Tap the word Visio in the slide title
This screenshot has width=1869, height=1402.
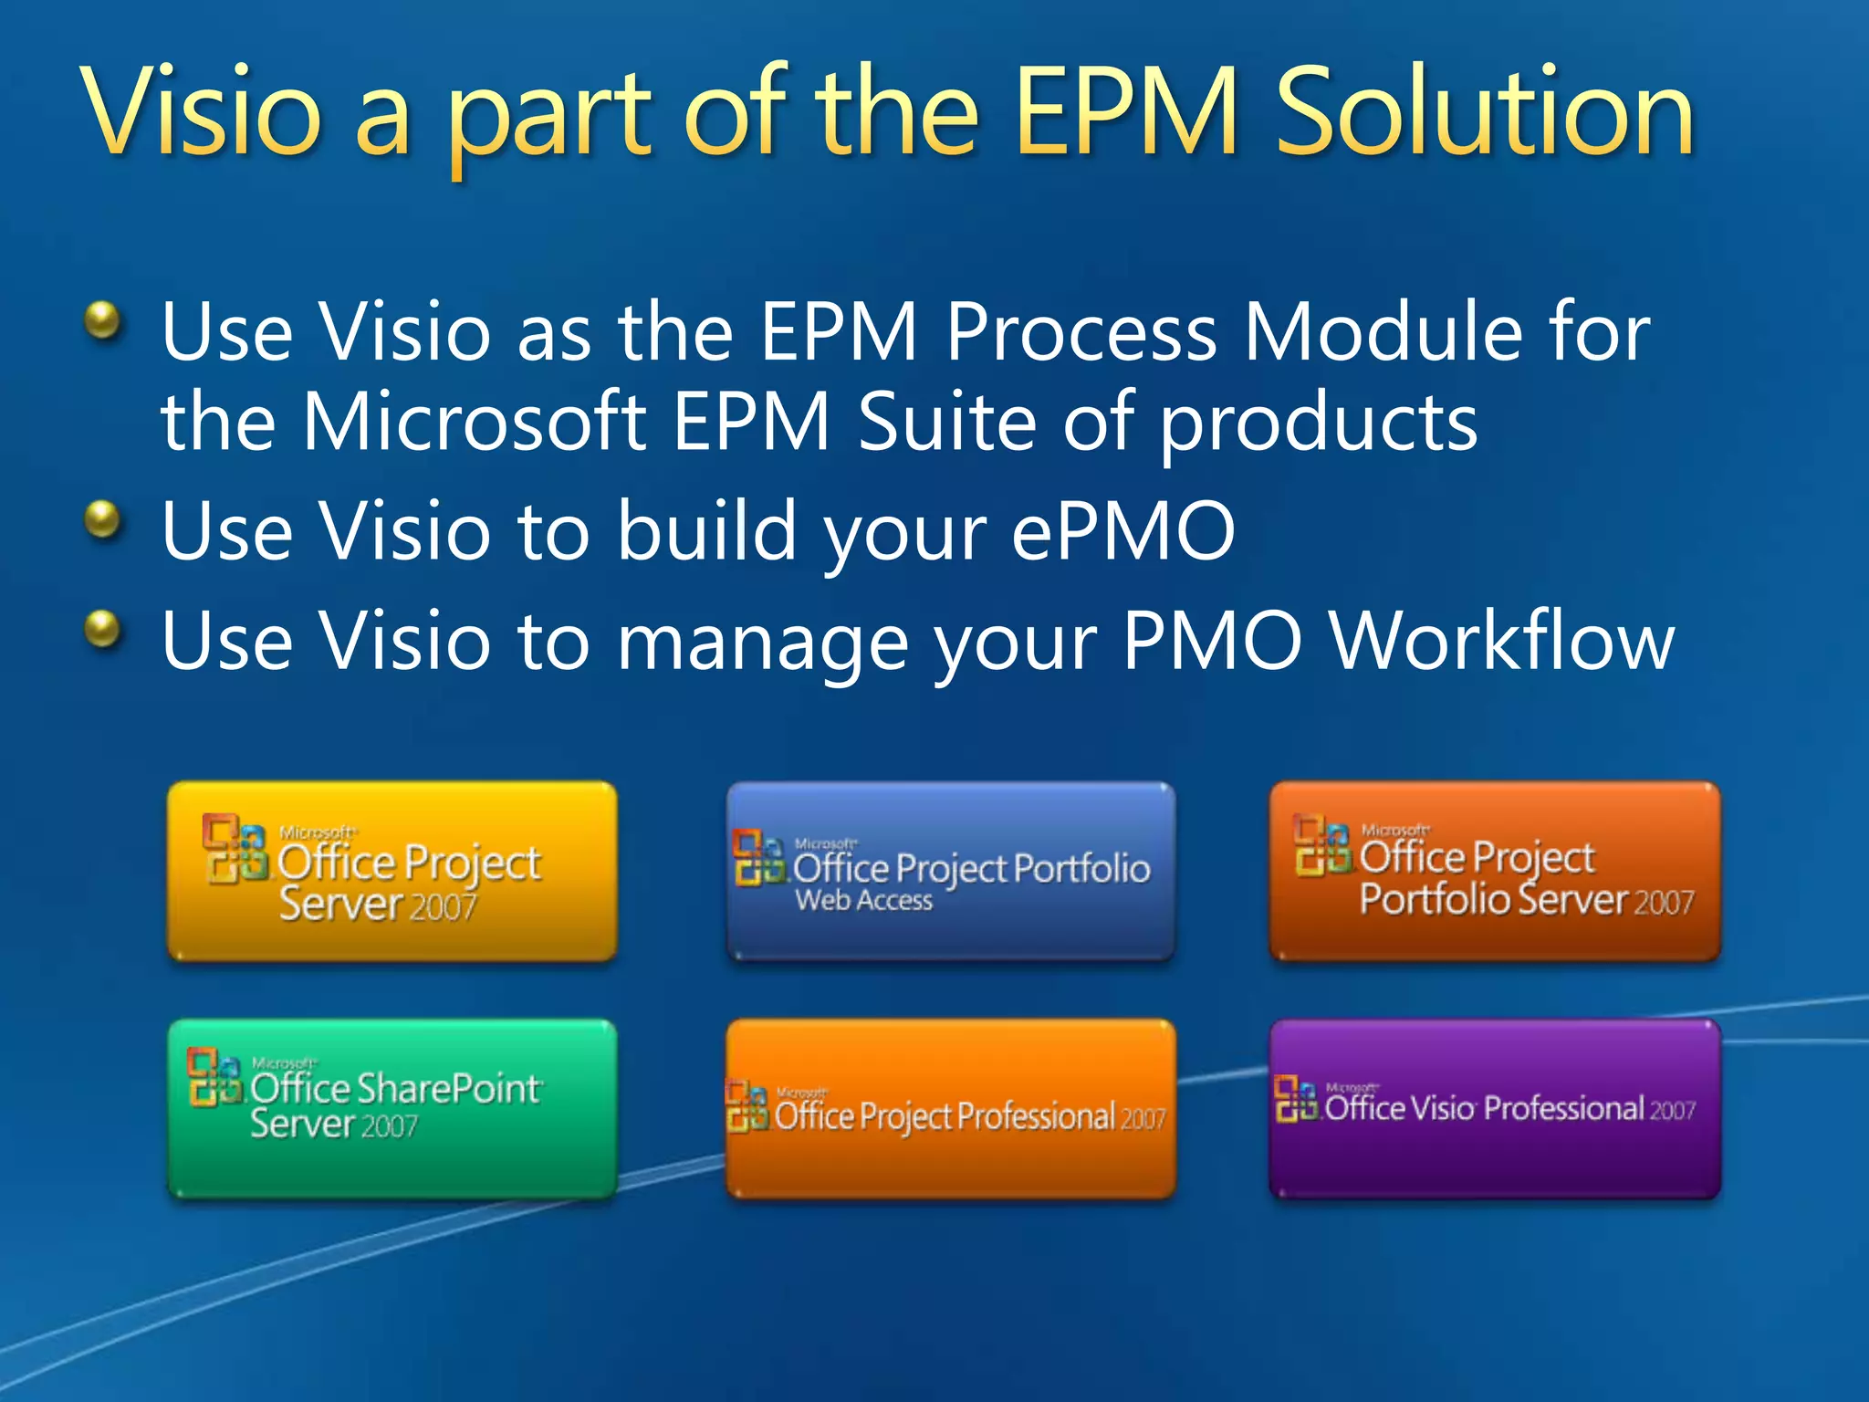pyautogui.click(x=202, y=114)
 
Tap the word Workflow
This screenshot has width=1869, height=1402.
pyautogui.click(x=1501, y=641)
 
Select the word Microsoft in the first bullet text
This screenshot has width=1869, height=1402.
pyautogui.click(x=474, y=422)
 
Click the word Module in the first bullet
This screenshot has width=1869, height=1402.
pyautogui.click(x=1383, y=332)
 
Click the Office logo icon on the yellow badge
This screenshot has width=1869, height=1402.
pyautogui.click(x=235, y=849)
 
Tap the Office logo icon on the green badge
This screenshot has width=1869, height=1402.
pyautogui.click(x=215, y=1077)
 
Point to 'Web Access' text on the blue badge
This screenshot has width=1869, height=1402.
pyautogui.click(x=863, y=901)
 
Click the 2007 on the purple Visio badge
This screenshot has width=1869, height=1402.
pyautogui.click(x=1672, y=1111)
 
